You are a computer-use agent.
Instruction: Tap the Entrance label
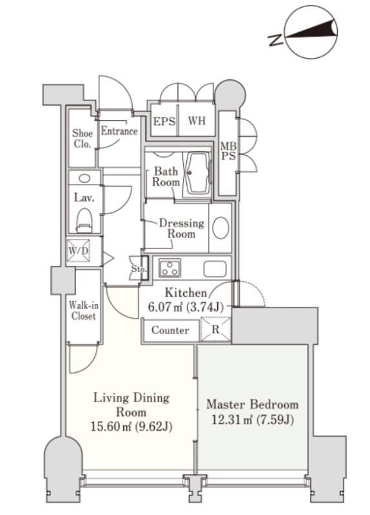click(x=119, y=131)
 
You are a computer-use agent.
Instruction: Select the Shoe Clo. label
click(x=83, y=138)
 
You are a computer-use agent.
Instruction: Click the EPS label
click(x=164, y=122)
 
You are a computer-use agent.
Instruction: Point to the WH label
click(x=197, y=120)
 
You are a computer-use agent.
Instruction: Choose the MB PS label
click(x=228, y=151)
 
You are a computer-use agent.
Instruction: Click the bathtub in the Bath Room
click(x=198, y=173)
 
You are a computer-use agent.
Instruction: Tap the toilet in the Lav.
click(x=84, y=220)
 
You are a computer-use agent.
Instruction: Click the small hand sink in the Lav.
click(x=84, y=179)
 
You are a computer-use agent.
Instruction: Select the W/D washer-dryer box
click(x=78, y=251)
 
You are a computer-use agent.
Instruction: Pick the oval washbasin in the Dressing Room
click(x=220, y=228)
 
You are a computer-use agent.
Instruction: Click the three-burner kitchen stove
click(x=170, y=268)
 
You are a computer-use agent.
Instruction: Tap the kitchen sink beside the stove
click(x=215, y=269)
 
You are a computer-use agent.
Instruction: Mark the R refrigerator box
click(x=215, y=329)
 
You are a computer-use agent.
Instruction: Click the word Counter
click(x=170, y=330)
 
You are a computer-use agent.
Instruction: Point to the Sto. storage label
click(x=138, y=268)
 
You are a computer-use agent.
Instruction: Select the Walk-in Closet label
click(x=84, y=310)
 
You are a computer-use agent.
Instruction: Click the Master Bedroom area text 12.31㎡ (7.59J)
click(x=253, y=420)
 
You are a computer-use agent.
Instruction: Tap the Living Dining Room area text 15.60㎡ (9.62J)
click(x=131, y=427)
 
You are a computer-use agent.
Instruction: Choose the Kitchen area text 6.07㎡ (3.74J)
click(x=186, y=308)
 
